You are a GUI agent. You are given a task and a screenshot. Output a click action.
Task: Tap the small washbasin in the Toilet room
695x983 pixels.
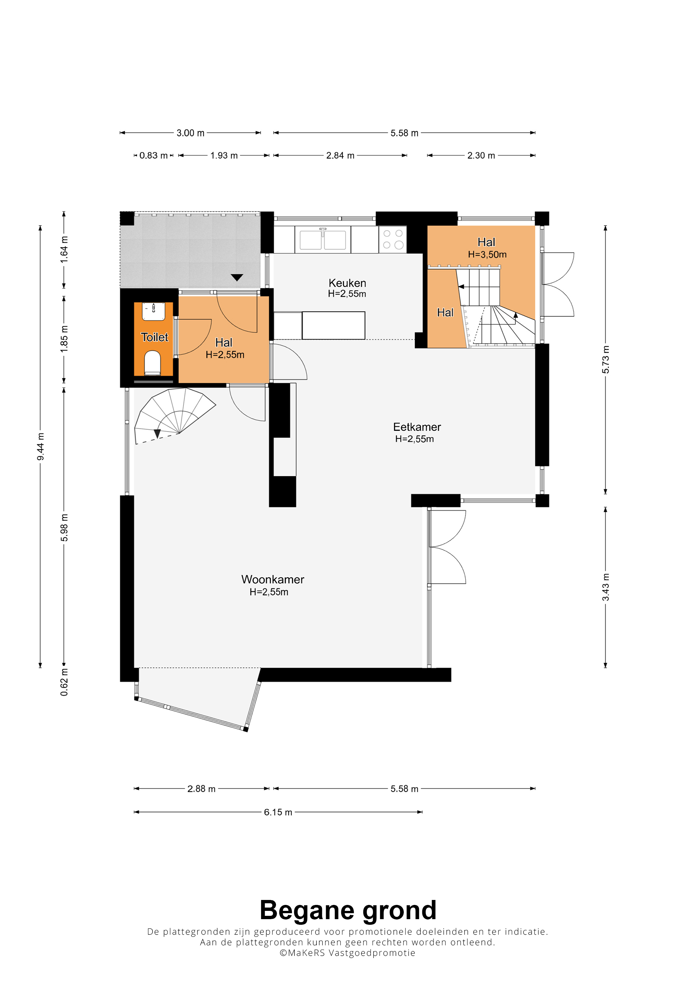(153, 311)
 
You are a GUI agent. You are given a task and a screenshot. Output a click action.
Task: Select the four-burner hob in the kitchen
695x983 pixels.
(393, 239)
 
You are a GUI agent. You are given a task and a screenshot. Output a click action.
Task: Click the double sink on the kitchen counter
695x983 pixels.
(323, 239)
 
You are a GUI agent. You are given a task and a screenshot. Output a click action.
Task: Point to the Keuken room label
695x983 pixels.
(347, 283)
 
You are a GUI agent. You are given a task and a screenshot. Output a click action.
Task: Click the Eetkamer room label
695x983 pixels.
(417, 427)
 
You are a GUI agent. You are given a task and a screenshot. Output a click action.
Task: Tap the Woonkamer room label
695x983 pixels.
(273, 579)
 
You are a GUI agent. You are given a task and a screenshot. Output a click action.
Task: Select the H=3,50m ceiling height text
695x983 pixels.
(487, 254)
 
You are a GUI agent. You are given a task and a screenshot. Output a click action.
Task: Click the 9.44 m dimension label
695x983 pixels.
(40, 447)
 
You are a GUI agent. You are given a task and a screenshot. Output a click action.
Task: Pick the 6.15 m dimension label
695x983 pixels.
(278, 812)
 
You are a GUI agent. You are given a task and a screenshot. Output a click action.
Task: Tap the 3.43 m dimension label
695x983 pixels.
(606, 587)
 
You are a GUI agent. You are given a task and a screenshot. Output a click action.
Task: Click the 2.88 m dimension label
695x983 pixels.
(201, 789)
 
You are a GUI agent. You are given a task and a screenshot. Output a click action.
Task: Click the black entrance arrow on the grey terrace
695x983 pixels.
(237, 278)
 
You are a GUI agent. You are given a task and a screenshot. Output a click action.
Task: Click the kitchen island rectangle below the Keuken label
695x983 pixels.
(334, 325)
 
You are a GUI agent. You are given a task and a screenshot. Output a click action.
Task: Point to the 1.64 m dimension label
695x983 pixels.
(64, 249)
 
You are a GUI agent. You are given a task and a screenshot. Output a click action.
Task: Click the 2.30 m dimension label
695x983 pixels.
(481, 156)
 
